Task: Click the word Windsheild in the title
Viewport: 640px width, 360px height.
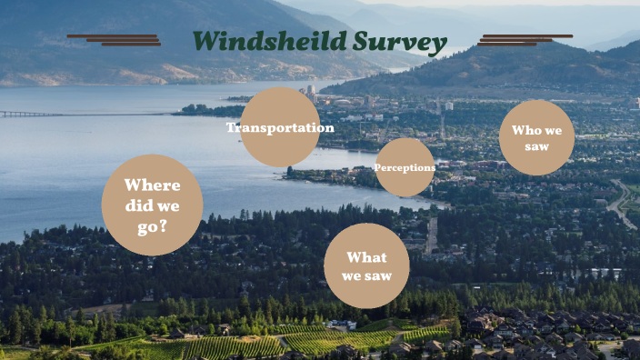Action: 248,42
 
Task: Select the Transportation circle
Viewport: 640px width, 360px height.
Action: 280,127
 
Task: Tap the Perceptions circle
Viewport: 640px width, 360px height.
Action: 405,167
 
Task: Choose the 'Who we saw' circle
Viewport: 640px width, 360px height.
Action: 536,137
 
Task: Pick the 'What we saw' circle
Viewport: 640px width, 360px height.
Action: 366,265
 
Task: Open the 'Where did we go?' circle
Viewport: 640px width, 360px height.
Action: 152,205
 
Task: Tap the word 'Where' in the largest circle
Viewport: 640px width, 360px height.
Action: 153,185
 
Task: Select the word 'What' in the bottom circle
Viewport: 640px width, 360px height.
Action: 366,257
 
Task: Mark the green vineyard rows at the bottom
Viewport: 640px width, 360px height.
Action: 227,345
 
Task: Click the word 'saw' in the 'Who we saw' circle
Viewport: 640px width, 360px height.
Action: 536,145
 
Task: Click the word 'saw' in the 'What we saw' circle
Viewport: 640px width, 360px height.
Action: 378,275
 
